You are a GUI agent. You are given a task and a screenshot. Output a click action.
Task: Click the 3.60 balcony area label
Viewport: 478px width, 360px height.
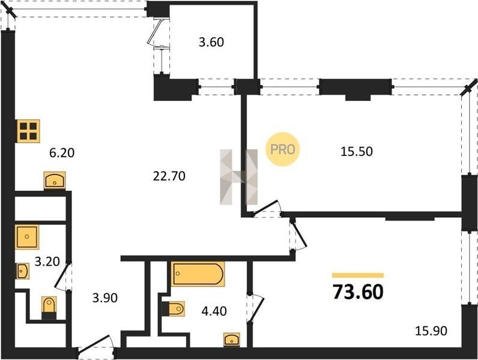coord(211,42)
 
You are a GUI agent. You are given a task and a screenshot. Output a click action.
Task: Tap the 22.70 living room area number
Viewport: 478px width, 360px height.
coord(169,176)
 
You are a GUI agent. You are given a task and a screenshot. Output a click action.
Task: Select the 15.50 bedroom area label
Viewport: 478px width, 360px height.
coord(356,151)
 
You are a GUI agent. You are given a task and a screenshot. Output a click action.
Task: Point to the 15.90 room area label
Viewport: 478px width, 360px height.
coord(431,331)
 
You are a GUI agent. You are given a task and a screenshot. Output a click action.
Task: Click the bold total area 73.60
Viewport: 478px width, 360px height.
coord(358,292)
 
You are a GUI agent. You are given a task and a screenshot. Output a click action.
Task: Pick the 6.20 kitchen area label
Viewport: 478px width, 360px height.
coord(62,152)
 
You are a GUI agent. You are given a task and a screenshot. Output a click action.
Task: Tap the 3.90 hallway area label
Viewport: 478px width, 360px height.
coord(105,298)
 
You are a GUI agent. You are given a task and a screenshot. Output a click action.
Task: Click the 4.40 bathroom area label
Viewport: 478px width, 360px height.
coord(214,311)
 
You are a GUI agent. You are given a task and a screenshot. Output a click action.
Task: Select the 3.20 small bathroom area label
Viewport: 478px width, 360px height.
coord(47,262)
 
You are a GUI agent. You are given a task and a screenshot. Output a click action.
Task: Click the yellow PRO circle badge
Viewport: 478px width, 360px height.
coord(283,149)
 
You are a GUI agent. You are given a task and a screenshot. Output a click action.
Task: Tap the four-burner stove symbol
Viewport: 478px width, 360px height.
coord(28,131)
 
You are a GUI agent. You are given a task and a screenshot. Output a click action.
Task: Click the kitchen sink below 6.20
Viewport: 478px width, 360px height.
coord(55,181)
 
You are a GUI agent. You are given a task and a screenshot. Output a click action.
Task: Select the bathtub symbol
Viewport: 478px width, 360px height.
coord(198,274)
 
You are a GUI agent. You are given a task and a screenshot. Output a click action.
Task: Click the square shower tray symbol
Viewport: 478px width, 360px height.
coord(27,236)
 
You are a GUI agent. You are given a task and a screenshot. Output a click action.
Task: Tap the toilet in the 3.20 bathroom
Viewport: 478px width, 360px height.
coord(49,308)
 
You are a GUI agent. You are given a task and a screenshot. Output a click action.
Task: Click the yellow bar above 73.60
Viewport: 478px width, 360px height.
coord(358,275)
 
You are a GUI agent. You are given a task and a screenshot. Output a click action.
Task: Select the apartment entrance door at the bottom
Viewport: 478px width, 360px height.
coord(95,347)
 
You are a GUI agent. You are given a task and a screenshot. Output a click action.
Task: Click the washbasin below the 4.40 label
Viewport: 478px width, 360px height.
coord(232,339)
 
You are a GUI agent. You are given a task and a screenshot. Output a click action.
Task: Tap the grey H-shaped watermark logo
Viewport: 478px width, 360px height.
coord(238,176)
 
